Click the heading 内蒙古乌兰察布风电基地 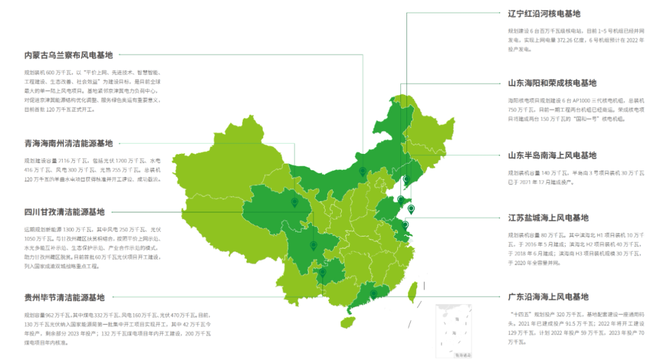click(x=68, y=55)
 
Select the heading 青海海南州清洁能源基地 click(x=68, y=144)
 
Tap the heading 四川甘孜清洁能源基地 click(x=64, y=212)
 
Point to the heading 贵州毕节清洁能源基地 click(x=64, y=297)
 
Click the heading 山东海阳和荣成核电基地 click(x=552, y=83)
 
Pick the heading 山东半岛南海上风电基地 click(x=552, y=156)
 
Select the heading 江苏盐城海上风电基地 click(x=548, y=218)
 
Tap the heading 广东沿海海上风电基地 click(x=548, y=297)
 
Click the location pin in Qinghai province click(x=294, y=202)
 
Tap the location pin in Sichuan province click(x=313, y=245)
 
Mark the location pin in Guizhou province click(x=322, y=273)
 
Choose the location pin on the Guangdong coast click(x=374, y=294)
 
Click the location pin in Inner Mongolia click(x=363, y=171)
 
